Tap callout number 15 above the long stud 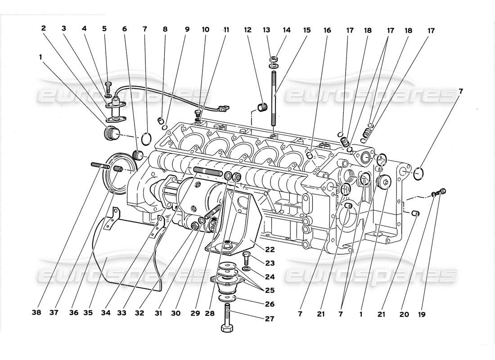[307, 30]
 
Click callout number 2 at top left [44, 28]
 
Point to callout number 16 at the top [327, 30]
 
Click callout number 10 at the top [205, 30]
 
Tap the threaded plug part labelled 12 [261, 108]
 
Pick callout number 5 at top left [104, 28]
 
